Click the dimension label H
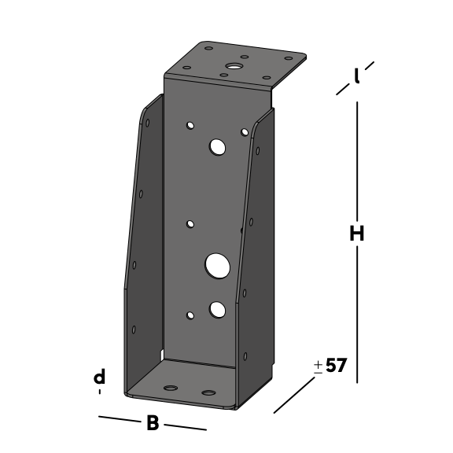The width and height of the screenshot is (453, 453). click(357, 234)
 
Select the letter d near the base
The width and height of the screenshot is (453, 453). click(99, 376)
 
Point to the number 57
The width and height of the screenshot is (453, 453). click(335, 365)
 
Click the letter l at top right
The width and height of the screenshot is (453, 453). click(357, 76)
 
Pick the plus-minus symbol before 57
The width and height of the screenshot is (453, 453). click(318, 366)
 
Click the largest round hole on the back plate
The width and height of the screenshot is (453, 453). click(218, 266)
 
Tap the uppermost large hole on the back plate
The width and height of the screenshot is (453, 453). click(217, 147)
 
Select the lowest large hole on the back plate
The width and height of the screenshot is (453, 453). click(217, 309)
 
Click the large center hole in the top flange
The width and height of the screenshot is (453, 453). click(234, 66)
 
